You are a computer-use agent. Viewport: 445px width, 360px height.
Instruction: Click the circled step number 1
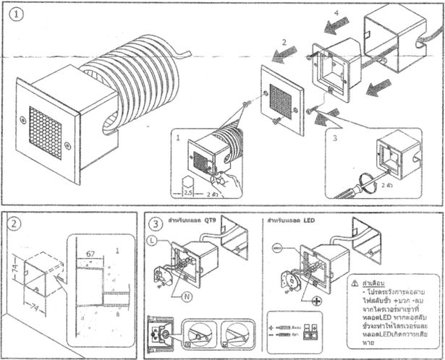click(x=12, y=12)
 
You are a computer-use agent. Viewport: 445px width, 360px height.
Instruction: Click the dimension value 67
click(x=90, y=254)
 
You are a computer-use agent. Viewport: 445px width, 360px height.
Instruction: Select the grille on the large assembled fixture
click(x=46, y=132)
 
